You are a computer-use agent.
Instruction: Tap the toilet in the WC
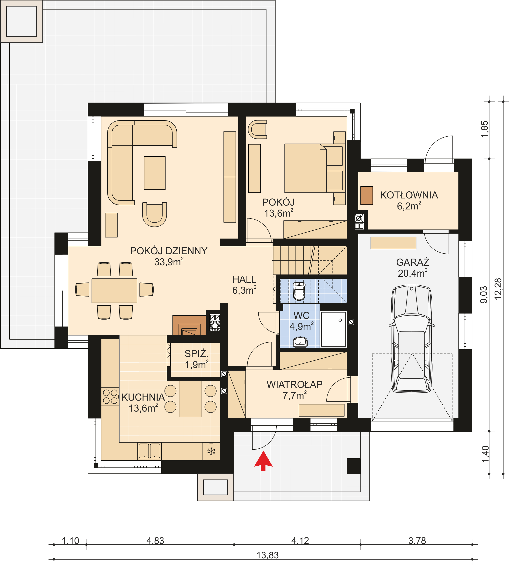click(x=299, y=292)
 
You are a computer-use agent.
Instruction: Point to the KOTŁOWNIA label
click(x=409, y=195)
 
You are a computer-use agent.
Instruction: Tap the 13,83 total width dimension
click(x=268, y=555)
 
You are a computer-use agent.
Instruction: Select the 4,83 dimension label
click(x=155, y=541)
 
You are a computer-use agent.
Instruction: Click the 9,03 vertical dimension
click(x=484, y=295)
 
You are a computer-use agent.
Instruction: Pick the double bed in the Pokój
click(x=305, y=168)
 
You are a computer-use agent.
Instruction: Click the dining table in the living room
click(x=114, y=290)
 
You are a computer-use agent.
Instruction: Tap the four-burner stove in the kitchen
click(x=110, y=396)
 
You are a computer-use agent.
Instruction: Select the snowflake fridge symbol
click(x=211, y=451)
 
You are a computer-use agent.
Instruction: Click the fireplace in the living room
click(x=189, y=325)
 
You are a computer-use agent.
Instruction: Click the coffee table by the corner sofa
click(x=155, y=173)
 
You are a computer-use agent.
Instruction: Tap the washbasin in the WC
click(x=300, y=342)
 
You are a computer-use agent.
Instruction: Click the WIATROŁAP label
click(x=295, y=384)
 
